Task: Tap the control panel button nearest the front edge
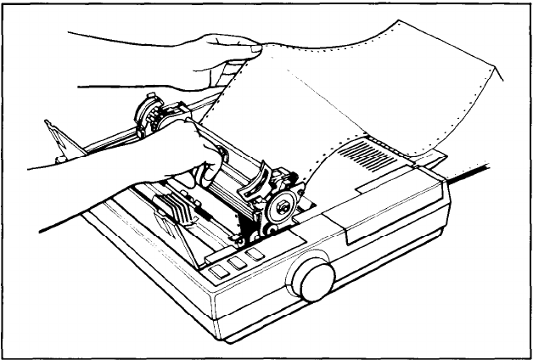(218, 272)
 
